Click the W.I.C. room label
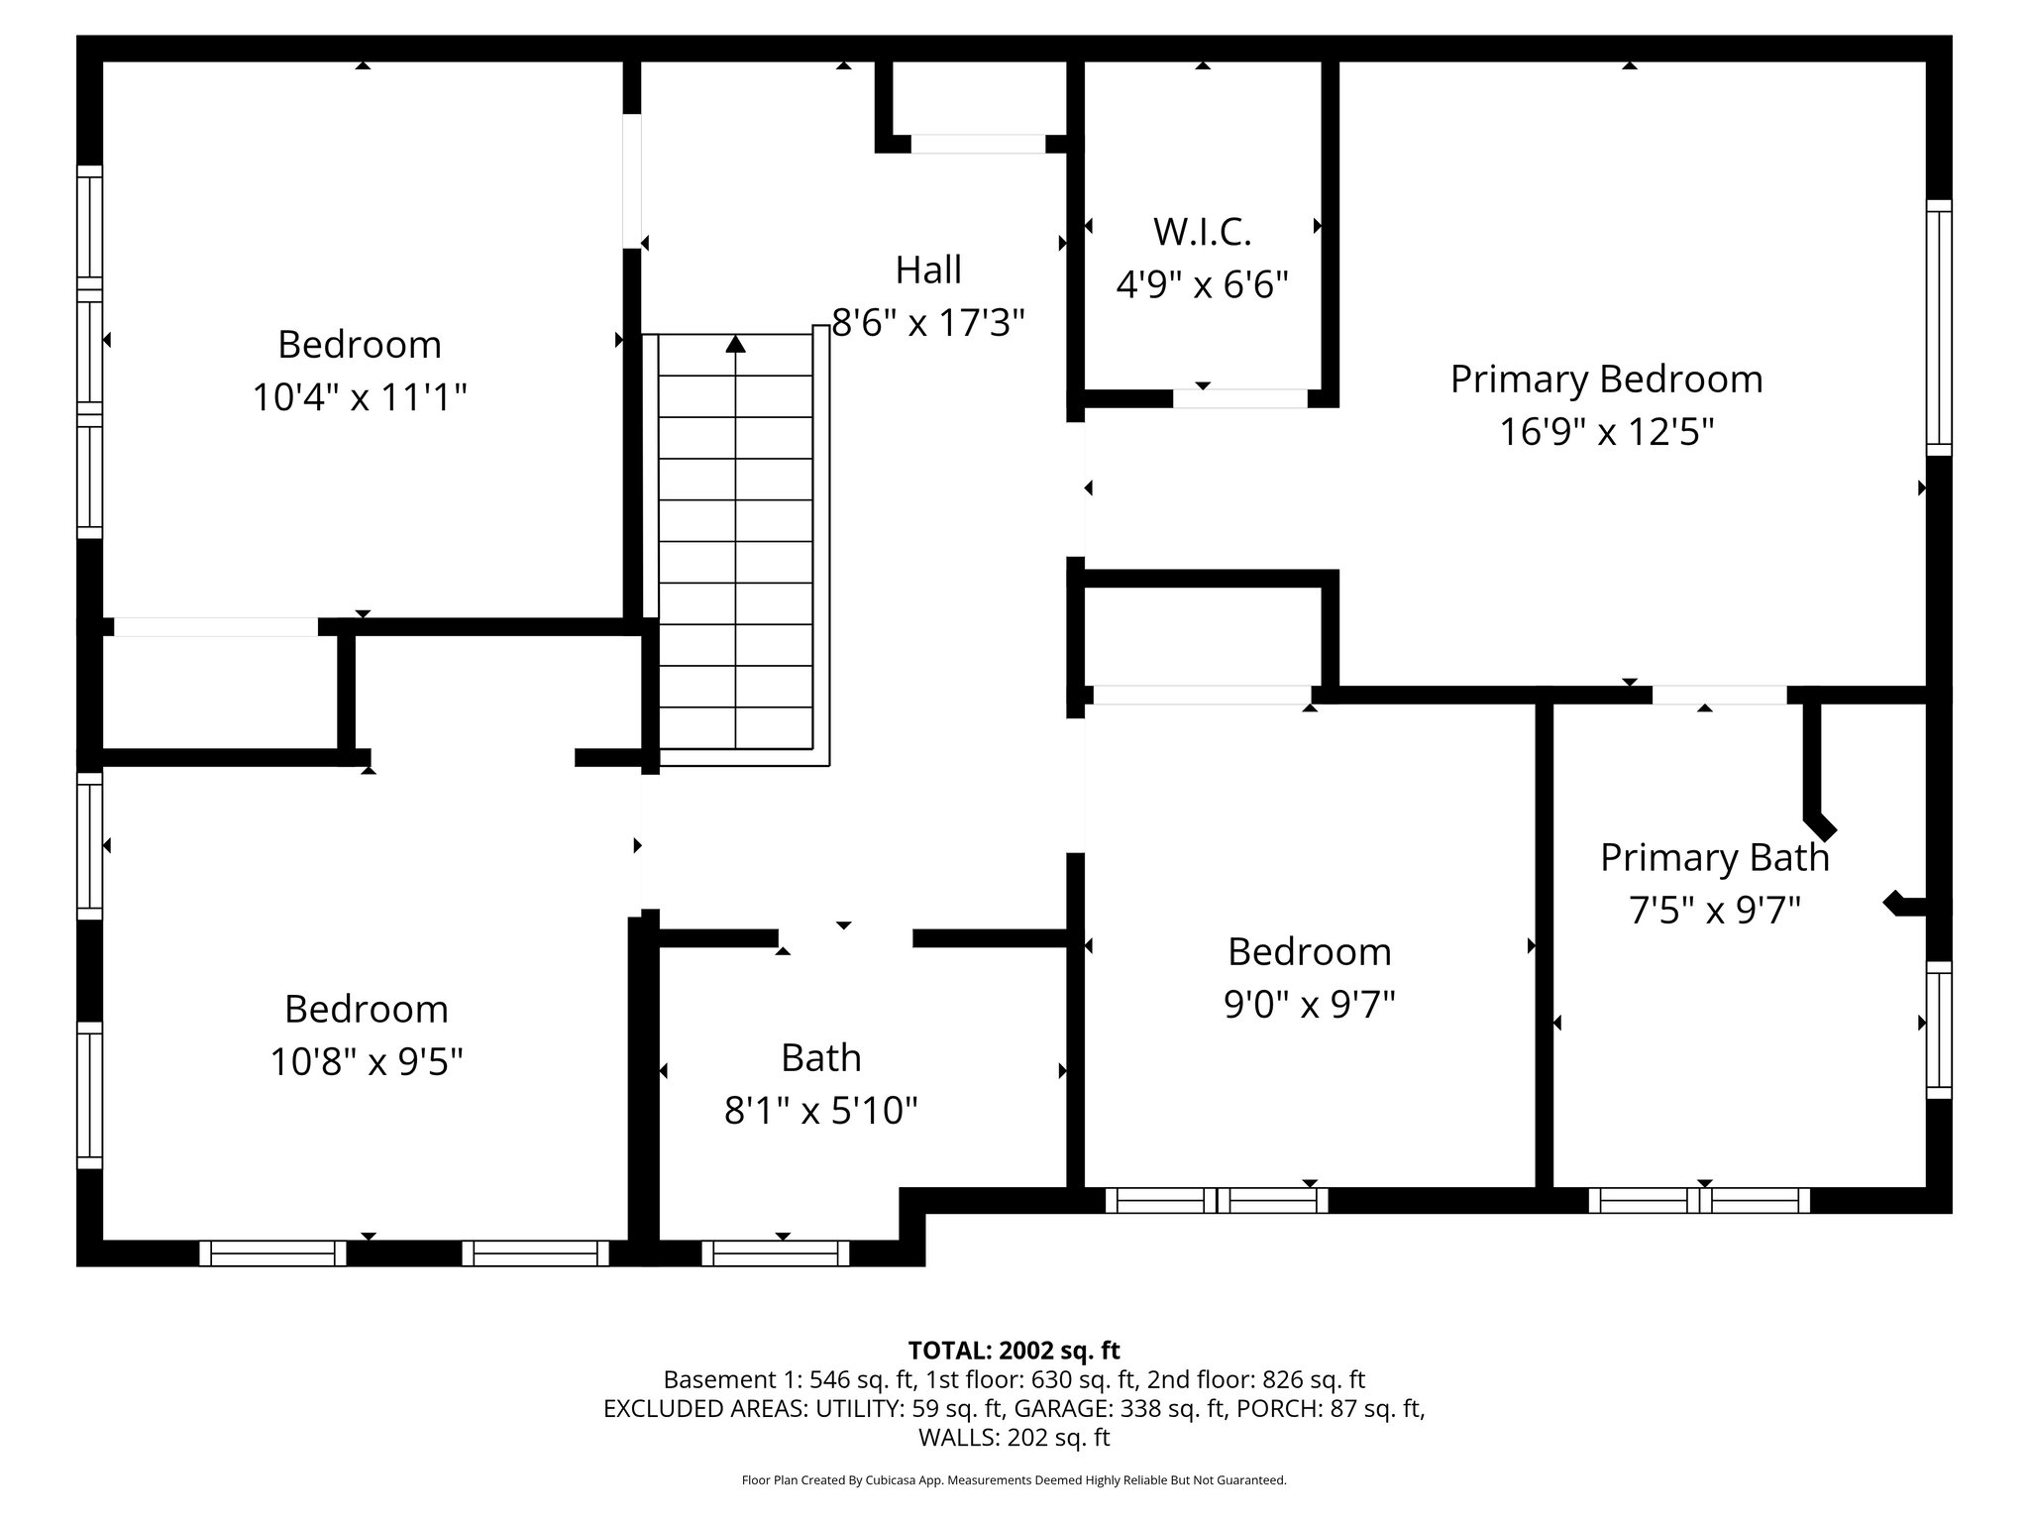click(x=1202, y=232)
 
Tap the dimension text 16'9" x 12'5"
click(x=1606, y=432)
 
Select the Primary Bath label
click(x=1714, y=857)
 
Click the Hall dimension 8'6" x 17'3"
click(x=927, y=323)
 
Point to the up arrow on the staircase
click(x=735, y=345)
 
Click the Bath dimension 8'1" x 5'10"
click(x=820, y=1111)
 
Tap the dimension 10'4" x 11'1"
click(x=359, y=397)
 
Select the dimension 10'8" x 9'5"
click(x=367, y=1062)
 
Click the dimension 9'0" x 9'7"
click(x=1309, y=1005)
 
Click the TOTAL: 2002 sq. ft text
click(x=1014, y=1350)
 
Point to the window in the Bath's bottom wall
click(x=776, y=1253)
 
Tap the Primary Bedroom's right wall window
click(x=1939, y=327)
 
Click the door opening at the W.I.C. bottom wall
click(x=1239, y=398)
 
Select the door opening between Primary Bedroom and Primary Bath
click(x=1719, y=696)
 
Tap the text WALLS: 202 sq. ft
click(x=1014, y=1437)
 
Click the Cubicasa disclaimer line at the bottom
click(x=1014, y=1480)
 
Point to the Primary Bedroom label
click(x=1606, y=380)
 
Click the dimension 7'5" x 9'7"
click(x=1714, y=910)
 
